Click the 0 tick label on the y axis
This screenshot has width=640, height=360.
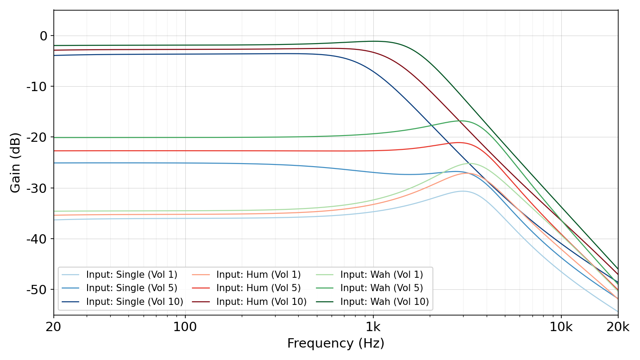pos(44,36)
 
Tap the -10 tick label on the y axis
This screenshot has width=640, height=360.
pos(37,87)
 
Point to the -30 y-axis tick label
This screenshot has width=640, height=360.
pos(37,188)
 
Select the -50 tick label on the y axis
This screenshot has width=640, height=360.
pos(37,290)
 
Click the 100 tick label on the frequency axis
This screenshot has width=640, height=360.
pos(185,327)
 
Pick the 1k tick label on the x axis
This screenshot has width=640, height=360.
pos(373,327)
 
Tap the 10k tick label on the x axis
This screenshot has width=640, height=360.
pos(561,327)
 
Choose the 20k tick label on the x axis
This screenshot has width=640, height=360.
pos(618,327)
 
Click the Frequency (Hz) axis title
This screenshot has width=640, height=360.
pos(336,344)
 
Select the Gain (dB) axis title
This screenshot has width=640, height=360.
pos(16,163)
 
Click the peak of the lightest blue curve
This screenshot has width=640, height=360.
pos(463,191)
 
